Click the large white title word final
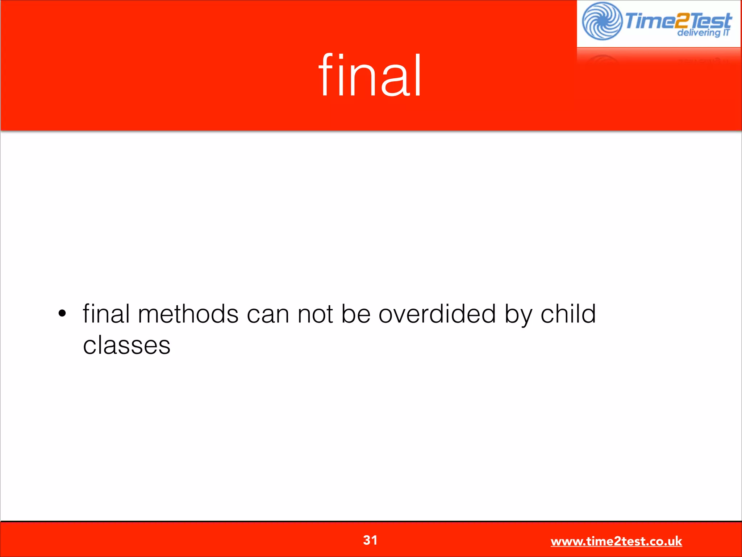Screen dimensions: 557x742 pos(370,75)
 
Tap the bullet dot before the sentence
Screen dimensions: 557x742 pos(62,313)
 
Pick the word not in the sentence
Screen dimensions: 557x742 pos(315,314)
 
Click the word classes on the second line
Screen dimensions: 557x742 pos(126,345)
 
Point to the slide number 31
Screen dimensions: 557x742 pos(370,540)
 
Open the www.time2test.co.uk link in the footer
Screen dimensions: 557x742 pos(616,541)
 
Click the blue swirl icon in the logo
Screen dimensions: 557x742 pos(602,21)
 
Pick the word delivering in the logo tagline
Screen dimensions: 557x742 pos(698,33)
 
